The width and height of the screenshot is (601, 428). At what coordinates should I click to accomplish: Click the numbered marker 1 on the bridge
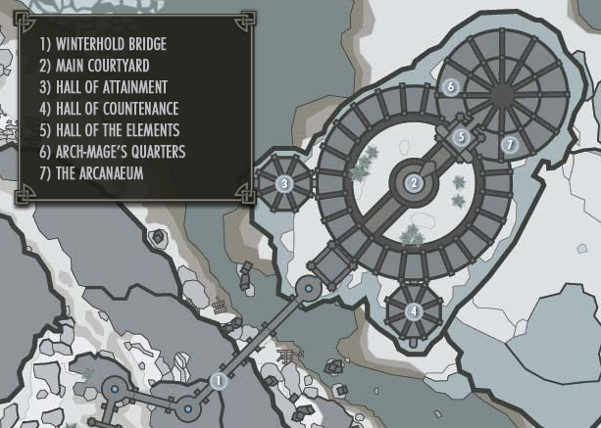[x=218, y=379]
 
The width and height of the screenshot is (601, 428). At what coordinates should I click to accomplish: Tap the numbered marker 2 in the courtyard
[x=415, y=182]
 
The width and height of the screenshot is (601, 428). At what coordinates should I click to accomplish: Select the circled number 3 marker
[x=282, y=182]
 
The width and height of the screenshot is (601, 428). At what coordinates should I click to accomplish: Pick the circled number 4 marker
[x=414, y=311]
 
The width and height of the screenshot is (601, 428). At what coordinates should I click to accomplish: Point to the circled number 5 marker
[x=462, y=137]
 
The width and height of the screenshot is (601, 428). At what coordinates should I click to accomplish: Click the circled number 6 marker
[x=450, y=86]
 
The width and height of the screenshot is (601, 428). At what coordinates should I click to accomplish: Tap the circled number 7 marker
[x=508, y=145]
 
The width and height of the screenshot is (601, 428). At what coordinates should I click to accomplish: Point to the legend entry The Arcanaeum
[x=97, y=173]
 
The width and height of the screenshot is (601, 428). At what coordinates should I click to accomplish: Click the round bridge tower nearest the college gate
[x=308, y=288]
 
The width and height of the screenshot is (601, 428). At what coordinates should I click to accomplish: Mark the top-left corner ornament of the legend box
[x=23, y=19]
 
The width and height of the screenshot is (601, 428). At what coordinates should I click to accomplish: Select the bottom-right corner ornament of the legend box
[x=245, y=194]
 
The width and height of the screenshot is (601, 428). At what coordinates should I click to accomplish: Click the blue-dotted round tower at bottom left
[x=114, y=391]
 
